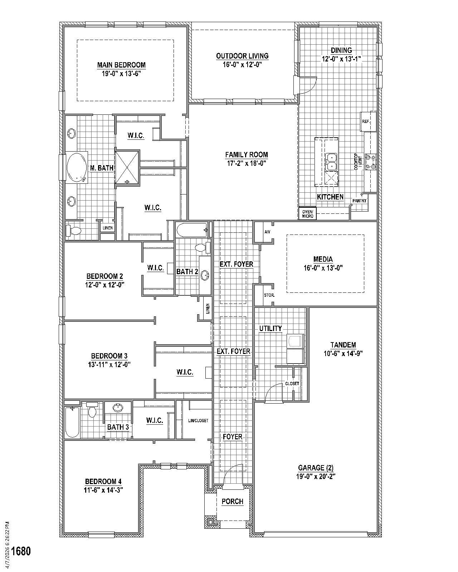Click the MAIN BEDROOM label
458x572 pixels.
click(x=121, y=65)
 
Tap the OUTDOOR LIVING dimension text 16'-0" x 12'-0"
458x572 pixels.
click(x=242, y=65)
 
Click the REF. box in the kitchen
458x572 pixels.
click(x=366, y=122)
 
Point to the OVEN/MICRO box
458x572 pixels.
click(x=307, y=214)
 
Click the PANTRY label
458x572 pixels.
click(x=359, y=201)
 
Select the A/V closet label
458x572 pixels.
click(x=267, y=232)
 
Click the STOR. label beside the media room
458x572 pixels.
click(x=269, y=295)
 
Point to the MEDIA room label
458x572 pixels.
click(x=323, y=259)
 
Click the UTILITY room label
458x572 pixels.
click(x=271, y=329)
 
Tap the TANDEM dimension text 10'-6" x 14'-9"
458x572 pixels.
click(x=343, y=354)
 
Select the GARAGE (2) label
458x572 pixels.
click(x=316, y=468)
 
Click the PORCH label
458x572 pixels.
click(x=232, y=502)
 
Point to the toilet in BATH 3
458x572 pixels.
click(x=93, y=411)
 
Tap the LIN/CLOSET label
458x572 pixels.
click(x=198, y=421)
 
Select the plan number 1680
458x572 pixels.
click(x=21, y=551)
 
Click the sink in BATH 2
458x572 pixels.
click(x=205, y=275)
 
